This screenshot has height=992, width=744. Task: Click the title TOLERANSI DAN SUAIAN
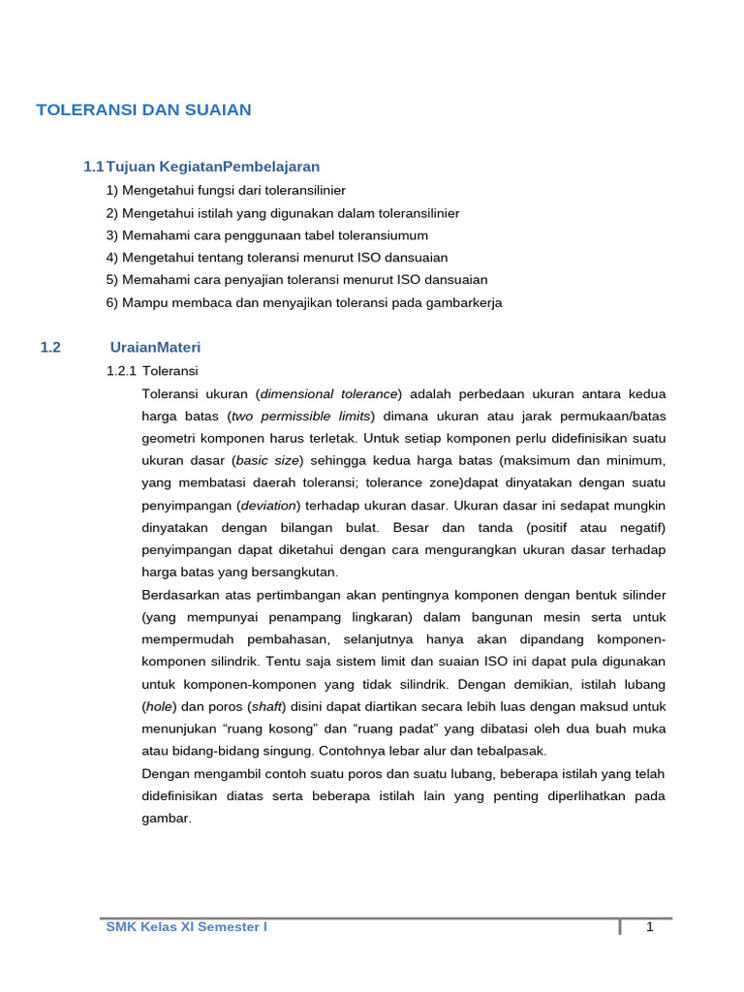[143, 109]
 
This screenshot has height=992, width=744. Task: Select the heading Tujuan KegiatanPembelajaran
[212, 167]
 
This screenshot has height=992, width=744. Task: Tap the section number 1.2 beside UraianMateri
[50, 347]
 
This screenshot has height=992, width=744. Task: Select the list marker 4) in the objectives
[112, 258]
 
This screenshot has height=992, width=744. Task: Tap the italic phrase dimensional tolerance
[328, 393]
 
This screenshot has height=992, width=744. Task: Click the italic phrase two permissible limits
[300, 416]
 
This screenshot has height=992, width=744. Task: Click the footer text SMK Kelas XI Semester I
[186, 927]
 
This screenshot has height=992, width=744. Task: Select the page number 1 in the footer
[650, 927]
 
